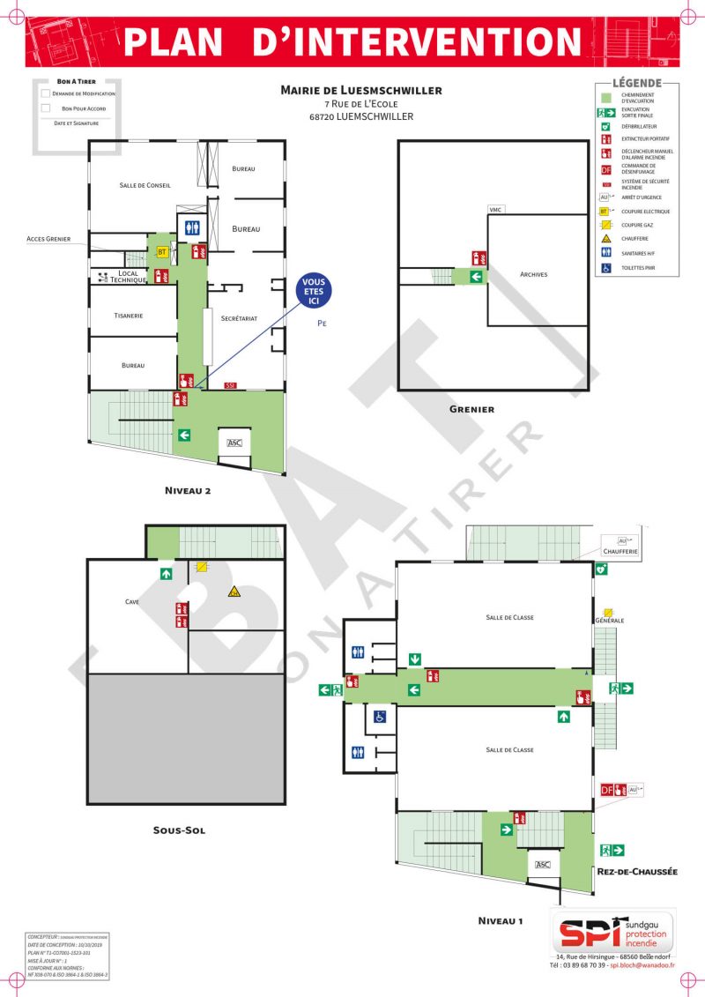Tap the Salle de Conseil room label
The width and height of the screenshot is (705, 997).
(x=145, y=185)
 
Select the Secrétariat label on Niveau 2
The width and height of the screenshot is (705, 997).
(x=239, y=318)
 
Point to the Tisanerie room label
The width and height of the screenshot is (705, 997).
(x=129, y=316)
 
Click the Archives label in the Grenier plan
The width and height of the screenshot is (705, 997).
(x=533, y=274)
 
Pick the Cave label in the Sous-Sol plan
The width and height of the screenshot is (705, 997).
(x=132, y=601)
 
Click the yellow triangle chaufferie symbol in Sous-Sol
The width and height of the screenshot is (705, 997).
(x=234, y=592)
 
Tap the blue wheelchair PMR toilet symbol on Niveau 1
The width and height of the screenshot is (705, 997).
(x=381, y=717)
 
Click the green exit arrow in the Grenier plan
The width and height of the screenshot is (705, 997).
(x=477, y=277)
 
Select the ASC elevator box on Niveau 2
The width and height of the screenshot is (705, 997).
(x=234, y=443)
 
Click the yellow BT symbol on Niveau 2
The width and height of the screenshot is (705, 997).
(x=161, y=252)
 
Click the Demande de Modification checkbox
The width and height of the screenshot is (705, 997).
(x=45, y=93)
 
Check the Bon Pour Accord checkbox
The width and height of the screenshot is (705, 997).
(x=45, y=108)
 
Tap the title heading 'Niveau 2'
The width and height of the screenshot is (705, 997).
(x=187, y=490)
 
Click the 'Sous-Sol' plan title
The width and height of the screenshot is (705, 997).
(x=179, y=830)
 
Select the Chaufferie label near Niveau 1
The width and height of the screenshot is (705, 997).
(x=620, y=552)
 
